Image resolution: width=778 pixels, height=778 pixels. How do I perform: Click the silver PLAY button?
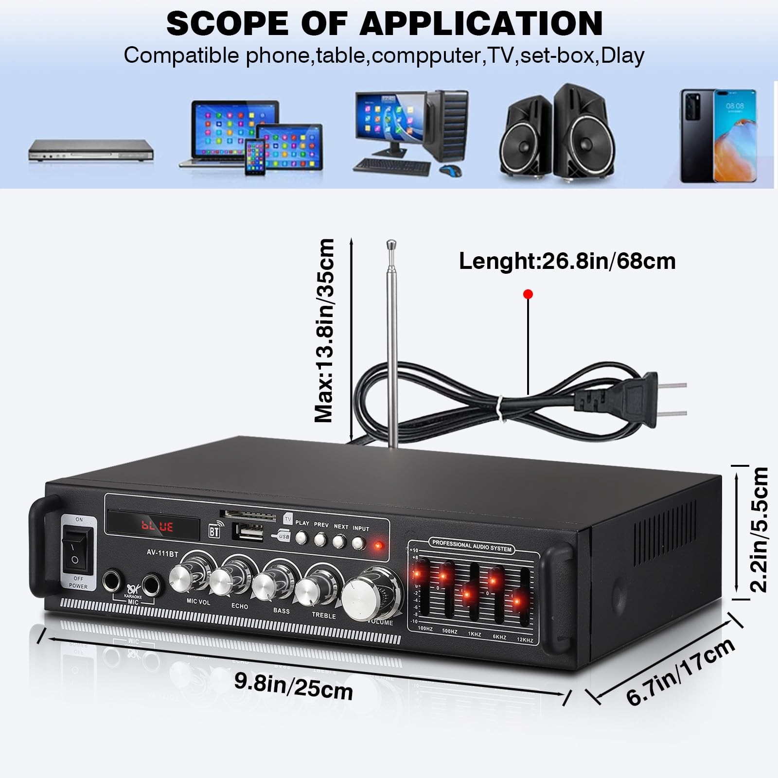pyautogui.click(x=301, y=537)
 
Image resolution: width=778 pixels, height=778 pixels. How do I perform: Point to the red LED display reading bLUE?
pyautogui.click(x=157, y=526)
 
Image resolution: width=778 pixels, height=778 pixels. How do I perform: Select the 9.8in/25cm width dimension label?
pyautogui.click(x=294, y=686)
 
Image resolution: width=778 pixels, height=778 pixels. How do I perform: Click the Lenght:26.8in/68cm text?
pyautogui.click(x=567, y=262)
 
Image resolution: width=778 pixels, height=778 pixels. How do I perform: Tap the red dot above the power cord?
pyautogui.click(x=528, y=294)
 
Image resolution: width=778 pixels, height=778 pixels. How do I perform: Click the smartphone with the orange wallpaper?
pyautogui.click(x=734, y=136)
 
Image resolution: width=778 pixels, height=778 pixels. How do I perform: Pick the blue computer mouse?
pyautogui.click(x=450, y=171)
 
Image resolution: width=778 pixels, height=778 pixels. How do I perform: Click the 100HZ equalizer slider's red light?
pyautogui.click(x=418, y=573)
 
